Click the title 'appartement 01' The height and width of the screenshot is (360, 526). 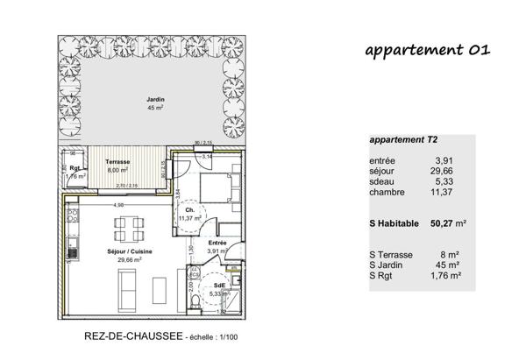[x=427, y=50]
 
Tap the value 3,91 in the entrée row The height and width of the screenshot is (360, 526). [x=446, y=160]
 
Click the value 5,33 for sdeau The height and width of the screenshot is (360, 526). [x=446, y=181]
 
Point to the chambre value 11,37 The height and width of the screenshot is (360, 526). [x=444, y=192]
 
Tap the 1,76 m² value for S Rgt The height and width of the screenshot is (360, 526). [x=448, y=275]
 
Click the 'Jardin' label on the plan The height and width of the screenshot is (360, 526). [x=155, y=101]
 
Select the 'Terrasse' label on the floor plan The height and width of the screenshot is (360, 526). [x=117, y=163]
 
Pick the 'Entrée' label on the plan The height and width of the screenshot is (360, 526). [x=218, y=243]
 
